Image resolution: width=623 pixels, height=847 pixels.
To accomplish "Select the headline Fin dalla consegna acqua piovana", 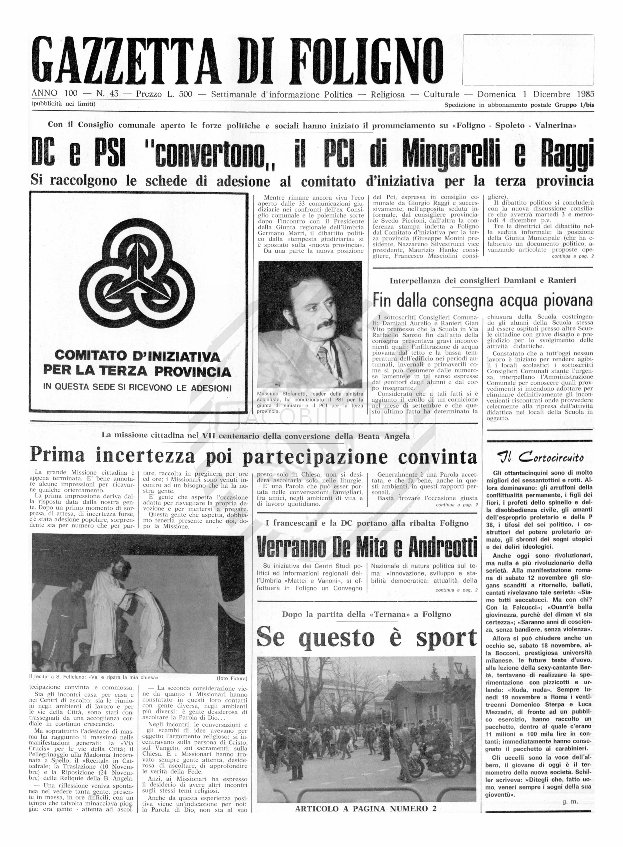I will pos(482,300).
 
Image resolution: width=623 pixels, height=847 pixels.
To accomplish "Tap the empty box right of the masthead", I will pos(528,60).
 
